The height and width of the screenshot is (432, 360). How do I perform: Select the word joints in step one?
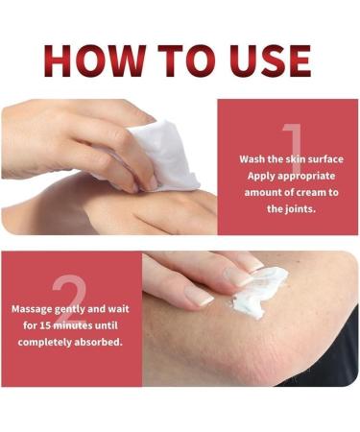[304, 208]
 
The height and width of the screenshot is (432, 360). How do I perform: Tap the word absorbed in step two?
[99, 341]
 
